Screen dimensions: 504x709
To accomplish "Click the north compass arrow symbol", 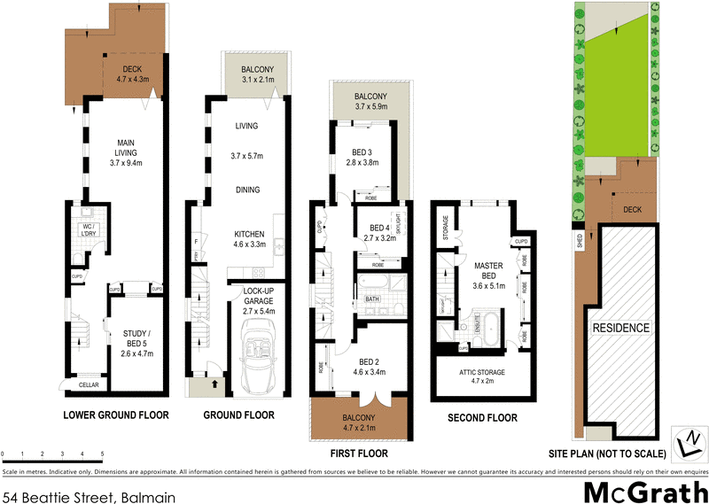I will click(x=687, y=440).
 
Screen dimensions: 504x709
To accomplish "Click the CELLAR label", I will click(x=90, y=384).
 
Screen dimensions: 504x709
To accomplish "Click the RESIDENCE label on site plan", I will click(x=621, y=329).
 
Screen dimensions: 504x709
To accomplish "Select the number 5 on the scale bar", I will click(x=103, y=454).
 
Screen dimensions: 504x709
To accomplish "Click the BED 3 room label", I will click(x=363, y=151).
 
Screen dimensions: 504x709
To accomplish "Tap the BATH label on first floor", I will click(x=373, y=299).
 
